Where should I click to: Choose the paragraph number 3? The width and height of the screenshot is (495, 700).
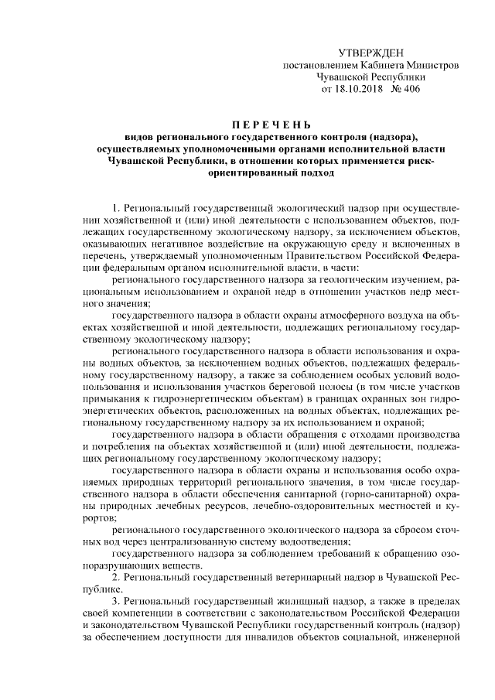pos(115,602)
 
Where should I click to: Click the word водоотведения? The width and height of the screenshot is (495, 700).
pos(319,541)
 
